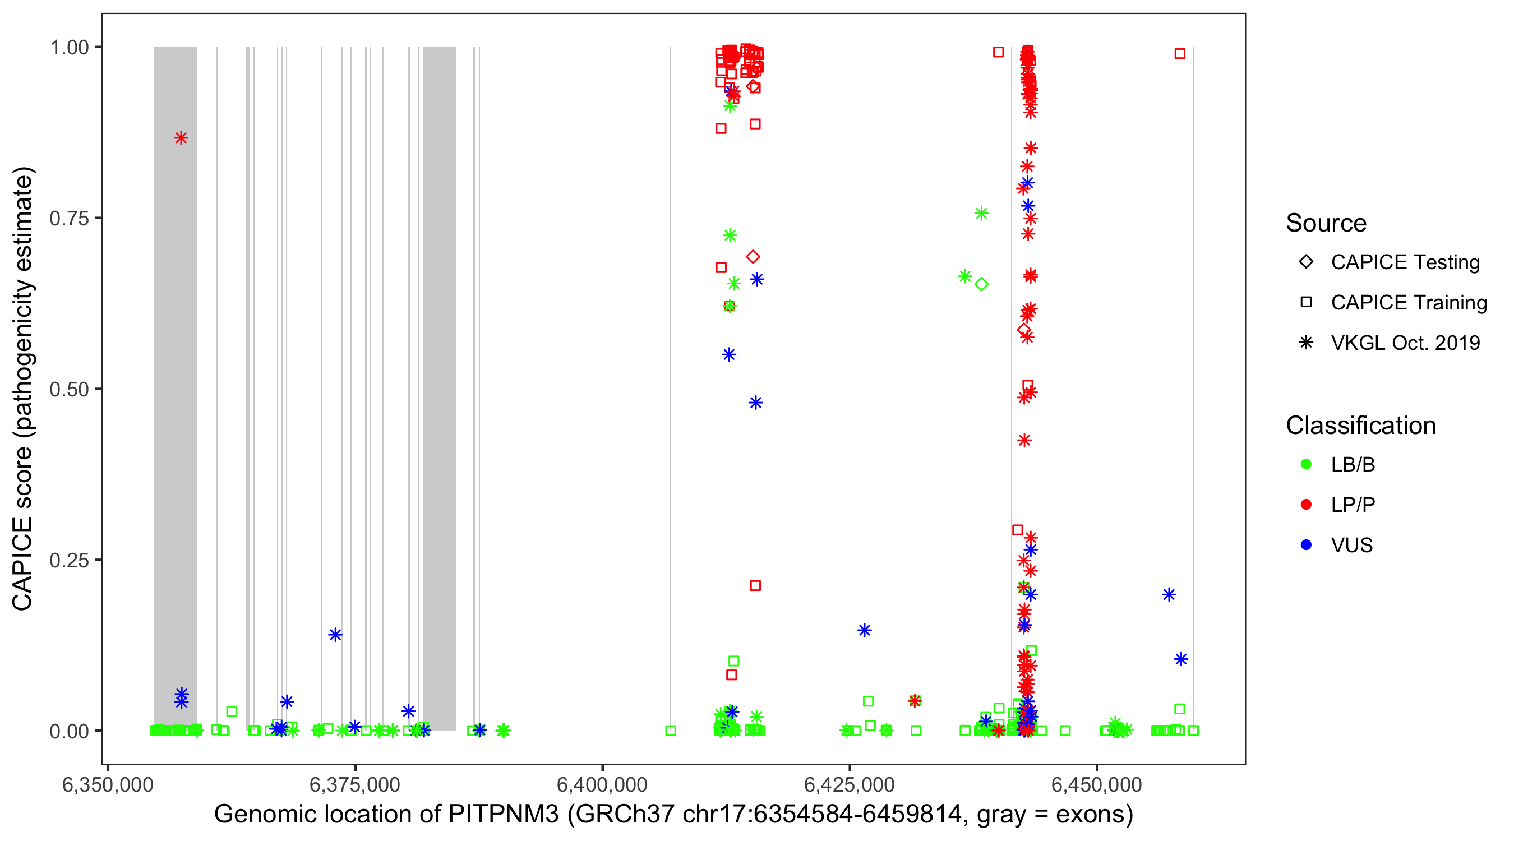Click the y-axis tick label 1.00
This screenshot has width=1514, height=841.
pyautogui.click(x=69, y=48)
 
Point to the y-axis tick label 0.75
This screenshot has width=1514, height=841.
pyautogui.click(x=69, y=219)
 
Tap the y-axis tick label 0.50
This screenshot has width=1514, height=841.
pyautogui.click(x=69, y=390)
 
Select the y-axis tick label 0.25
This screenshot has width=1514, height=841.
pyautogui.click(x=69, y=560)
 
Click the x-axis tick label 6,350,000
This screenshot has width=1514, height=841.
pyautogui.click(x=108, y=784)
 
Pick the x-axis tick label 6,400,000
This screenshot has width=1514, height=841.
pyautogui.click(x=602, y=784)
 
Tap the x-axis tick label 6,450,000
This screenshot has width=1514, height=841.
pyautogui.click(x=1097, y=784)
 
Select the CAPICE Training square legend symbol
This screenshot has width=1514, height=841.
pyautogui.click(x=1306, y=303)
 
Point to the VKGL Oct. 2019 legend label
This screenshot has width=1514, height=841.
pyautogui.click(x=1405, y=343)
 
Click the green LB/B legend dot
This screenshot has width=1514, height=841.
pyautogui.click(x=1306, y=465)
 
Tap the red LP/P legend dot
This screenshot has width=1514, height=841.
pyautogui.click(x=1306, y=505)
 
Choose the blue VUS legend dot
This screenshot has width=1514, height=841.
pyautogui.click(x=1306, y=546)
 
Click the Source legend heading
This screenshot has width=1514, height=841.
pyautogui.click(x=1326, y=223)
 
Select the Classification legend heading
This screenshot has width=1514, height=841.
pyautogui.click(x=1360, y=426)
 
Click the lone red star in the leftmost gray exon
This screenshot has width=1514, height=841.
pyautogui.click(x=181, y=138)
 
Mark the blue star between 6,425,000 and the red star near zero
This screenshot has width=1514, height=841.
pyautogui.click(x=864, y=631)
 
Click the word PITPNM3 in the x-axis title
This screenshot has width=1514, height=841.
pyautogui.click(x=503, y=815)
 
